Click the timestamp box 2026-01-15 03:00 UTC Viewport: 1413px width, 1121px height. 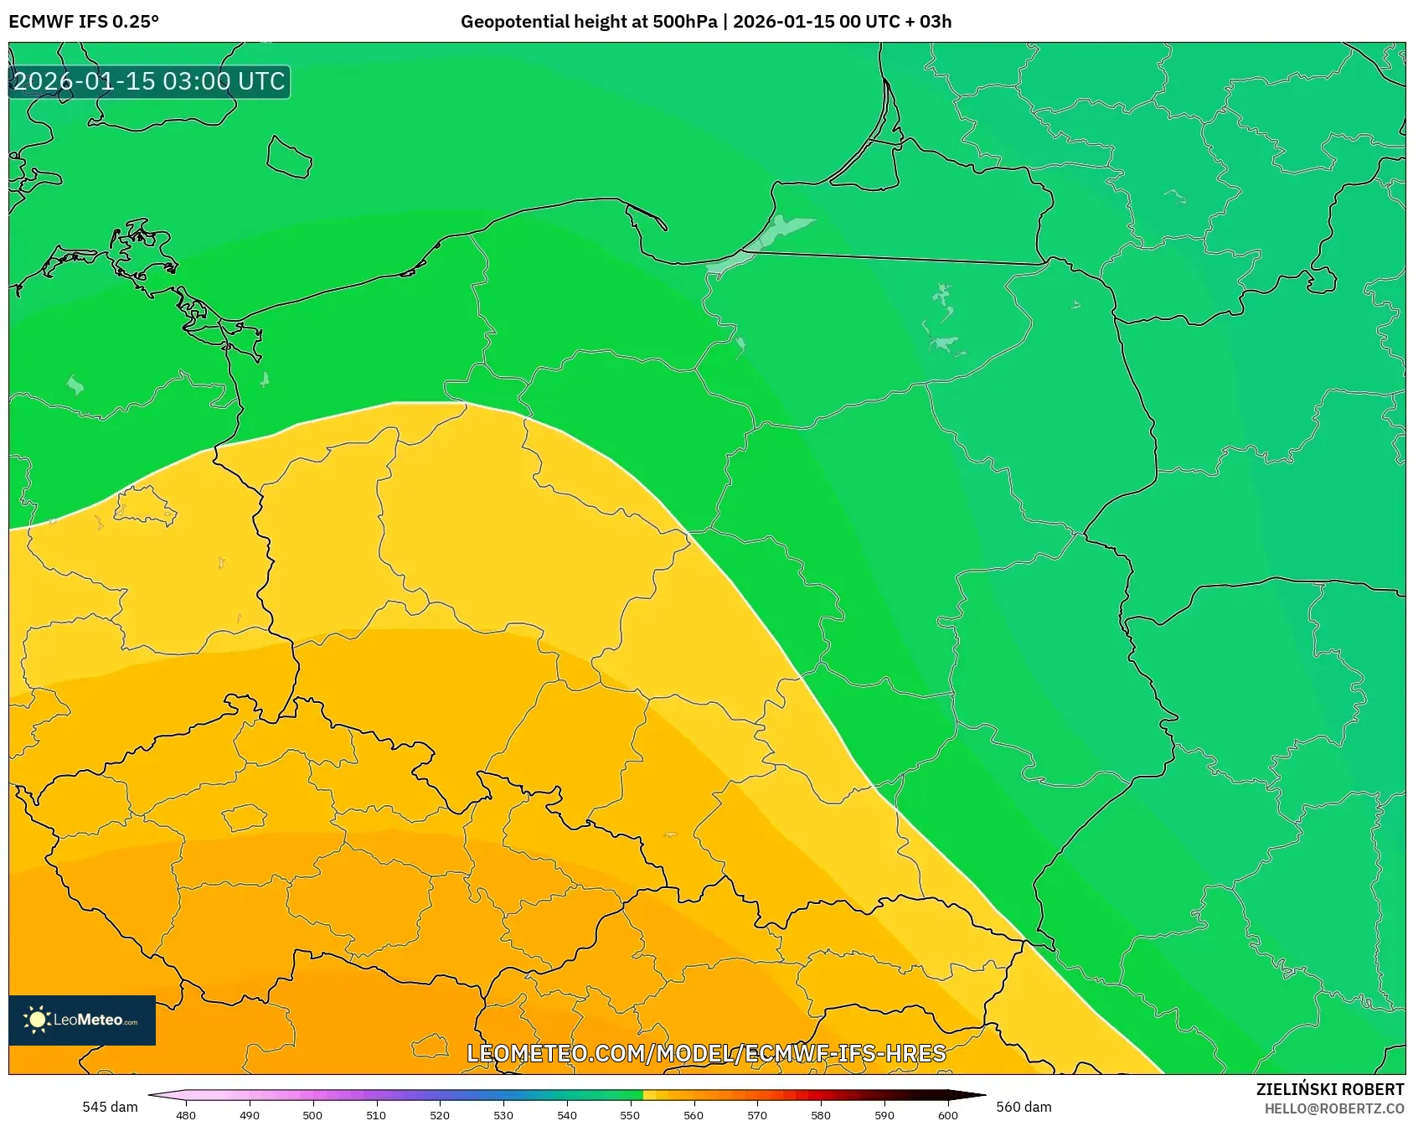149,81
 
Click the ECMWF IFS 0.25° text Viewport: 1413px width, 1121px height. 84,21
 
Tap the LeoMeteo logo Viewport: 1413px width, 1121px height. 82,1020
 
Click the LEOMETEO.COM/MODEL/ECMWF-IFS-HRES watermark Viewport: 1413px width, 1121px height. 706,1053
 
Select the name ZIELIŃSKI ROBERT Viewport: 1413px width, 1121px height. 1329,1089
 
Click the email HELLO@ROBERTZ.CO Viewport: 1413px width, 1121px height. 1333,1108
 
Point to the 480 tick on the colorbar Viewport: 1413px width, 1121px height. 186,1114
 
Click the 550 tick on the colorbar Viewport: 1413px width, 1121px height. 630,1114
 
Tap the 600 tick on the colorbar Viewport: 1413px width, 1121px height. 947,1114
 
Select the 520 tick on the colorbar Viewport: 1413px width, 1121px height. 440,1114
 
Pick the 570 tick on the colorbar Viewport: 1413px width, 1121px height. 757,1114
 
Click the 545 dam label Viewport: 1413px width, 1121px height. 110,1107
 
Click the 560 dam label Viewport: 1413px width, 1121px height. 1024,1107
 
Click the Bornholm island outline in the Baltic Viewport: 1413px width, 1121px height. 289,158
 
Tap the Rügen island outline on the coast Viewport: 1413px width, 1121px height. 138,251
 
